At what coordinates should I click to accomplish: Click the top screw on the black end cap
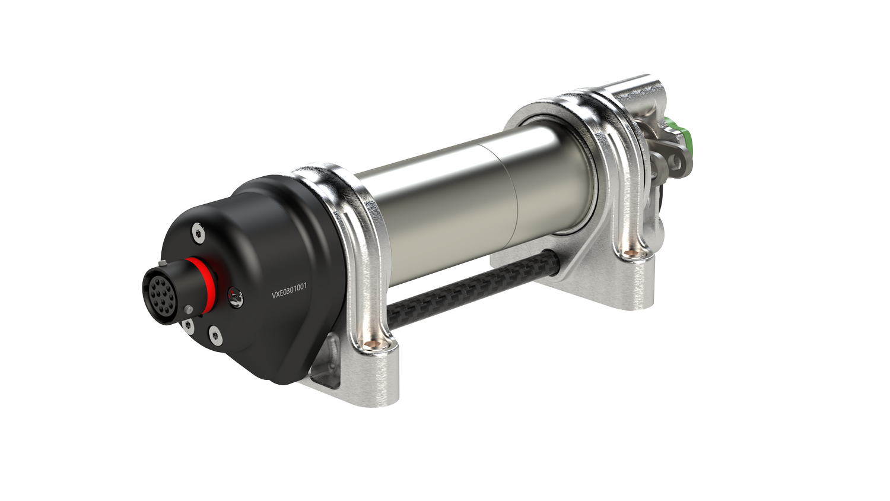coord(197,233)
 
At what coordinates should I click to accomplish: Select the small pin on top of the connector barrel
coord(162,263)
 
